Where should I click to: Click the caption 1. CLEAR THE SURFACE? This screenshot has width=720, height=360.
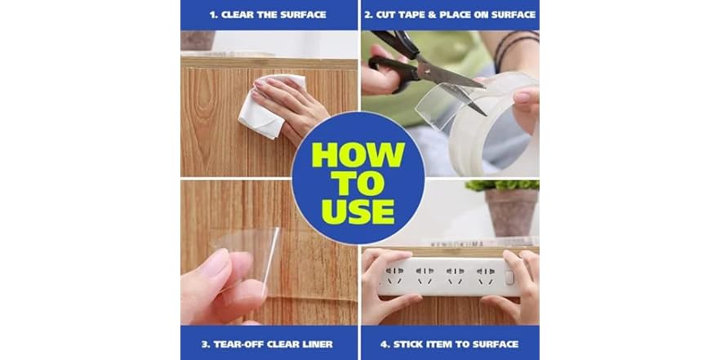pyautogui.click(x=269, y=15)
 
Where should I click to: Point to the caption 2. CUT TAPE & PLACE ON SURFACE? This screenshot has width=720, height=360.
pyautogui.click(x=450, y=15)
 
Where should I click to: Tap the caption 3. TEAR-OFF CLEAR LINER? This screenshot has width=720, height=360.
pyautogui.click(x=269, y=344)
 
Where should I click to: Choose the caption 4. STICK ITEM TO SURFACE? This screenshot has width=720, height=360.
pyautogui.click(x=450, y=344)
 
